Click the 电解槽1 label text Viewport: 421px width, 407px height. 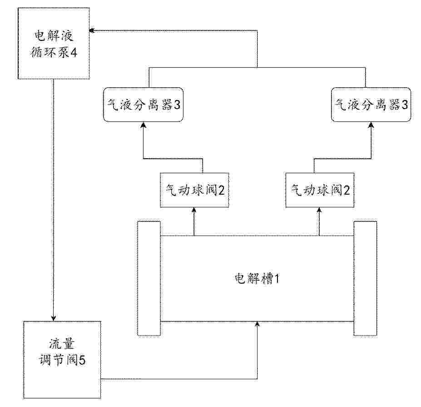(257, 278)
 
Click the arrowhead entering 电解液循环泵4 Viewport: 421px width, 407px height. (92, 30)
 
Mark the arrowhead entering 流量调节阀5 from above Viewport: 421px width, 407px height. (54, 318)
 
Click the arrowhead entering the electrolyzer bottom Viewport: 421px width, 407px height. (257, 324)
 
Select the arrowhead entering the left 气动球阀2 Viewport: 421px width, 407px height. (194, 210)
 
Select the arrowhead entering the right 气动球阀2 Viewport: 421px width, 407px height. (319, 210)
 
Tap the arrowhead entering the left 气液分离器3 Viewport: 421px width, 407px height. (144, 125)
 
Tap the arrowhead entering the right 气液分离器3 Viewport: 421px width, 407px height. (371, 125)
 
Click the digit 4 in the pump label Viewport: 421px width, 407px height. (74, 53)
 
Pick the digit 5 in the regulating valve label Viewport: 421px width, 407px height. (82, 360)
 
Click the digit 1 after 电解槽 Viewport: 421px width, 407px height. (277, 279)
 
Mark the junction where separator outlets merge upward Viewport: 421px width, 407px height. (257, 67)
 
